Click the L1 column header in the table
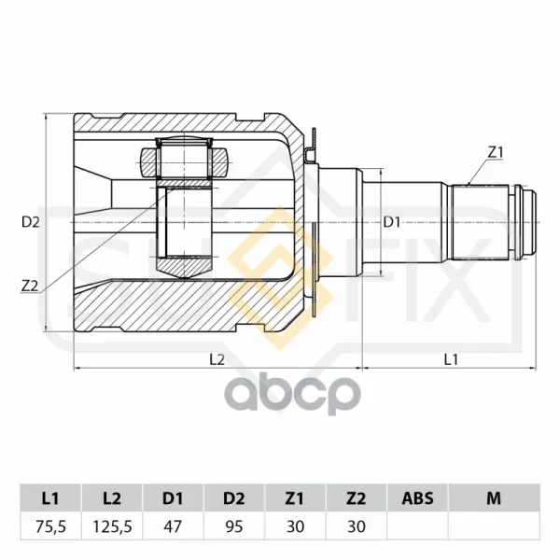50,498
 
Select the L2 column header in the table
112,498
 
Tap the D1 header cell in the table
173,498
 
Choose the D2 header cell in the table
234,498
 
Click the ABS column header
417,498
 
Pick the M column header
494,498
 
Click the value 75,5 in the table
50,526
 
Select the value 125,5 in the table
112,526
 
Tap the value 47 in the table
173,526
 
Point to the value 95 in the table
234,526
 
